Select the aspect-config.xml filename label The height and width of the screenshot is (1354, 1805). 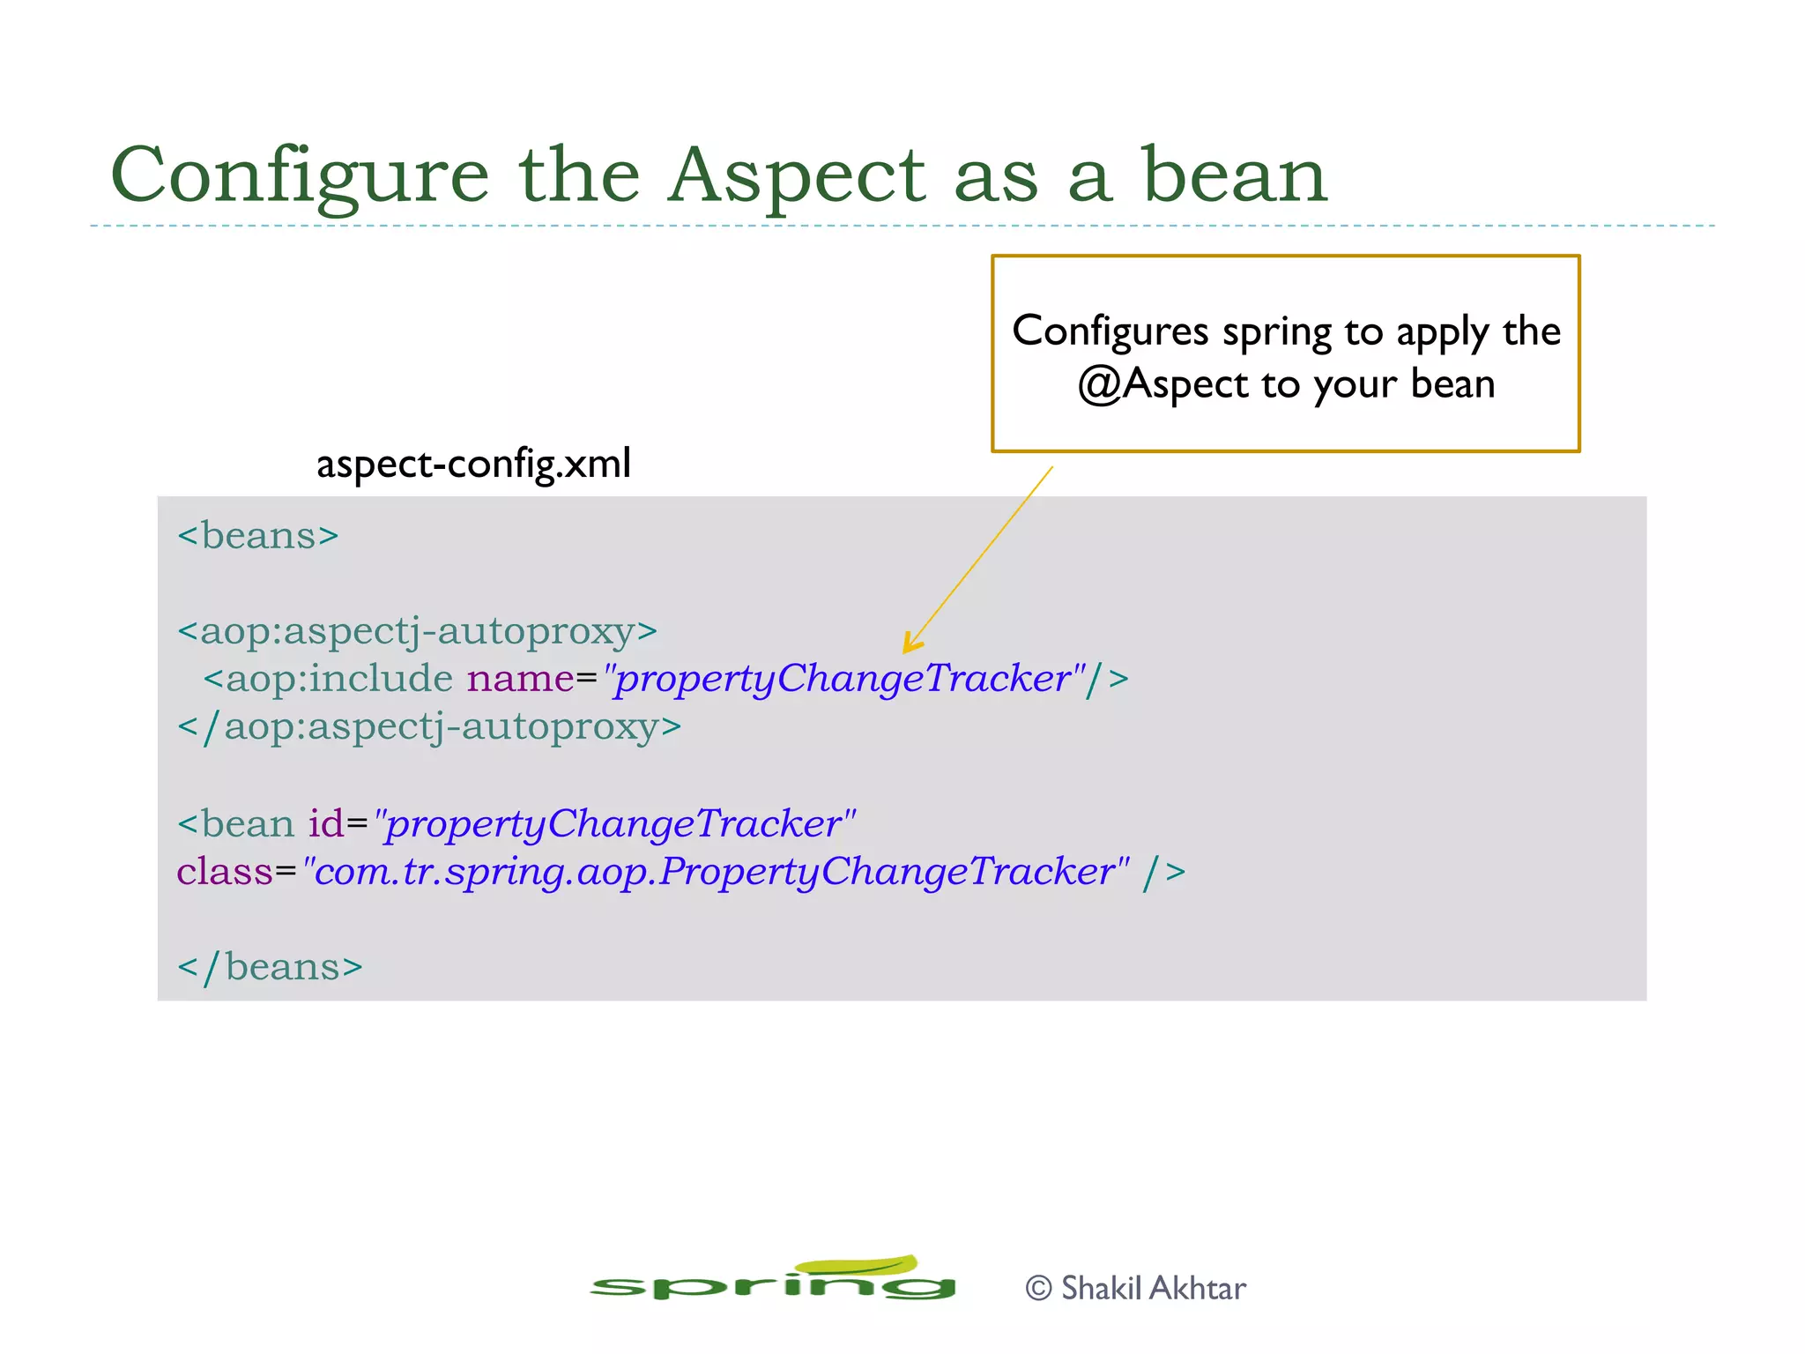[x=473, y=464]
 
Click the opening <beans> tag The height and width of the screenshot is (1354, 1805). [x=257, y=536]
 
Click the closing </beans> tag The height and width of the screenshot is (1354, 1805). [x=270, y=967]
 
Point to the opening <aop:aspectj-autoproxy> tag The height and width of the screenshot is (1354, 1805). [x=417, y=631]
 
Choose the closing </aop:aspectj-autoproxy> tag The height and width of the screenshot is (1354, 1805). [x=429, y=727]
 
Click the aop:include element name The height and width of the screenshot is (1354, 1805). [x=338, y=679]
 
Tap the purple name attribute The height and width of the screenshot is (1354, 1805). [x=520, y=679]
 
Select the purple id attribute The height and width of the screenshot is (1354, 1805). [x=325, y=824]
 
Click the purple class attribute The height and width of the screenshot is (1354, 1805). [x=225, y=872]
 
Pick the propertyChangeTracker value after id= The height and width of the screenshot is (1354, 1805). [x=614, y=824]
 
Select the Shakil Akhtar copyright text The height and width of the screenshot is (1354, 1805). [x=1136, y=1289]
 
